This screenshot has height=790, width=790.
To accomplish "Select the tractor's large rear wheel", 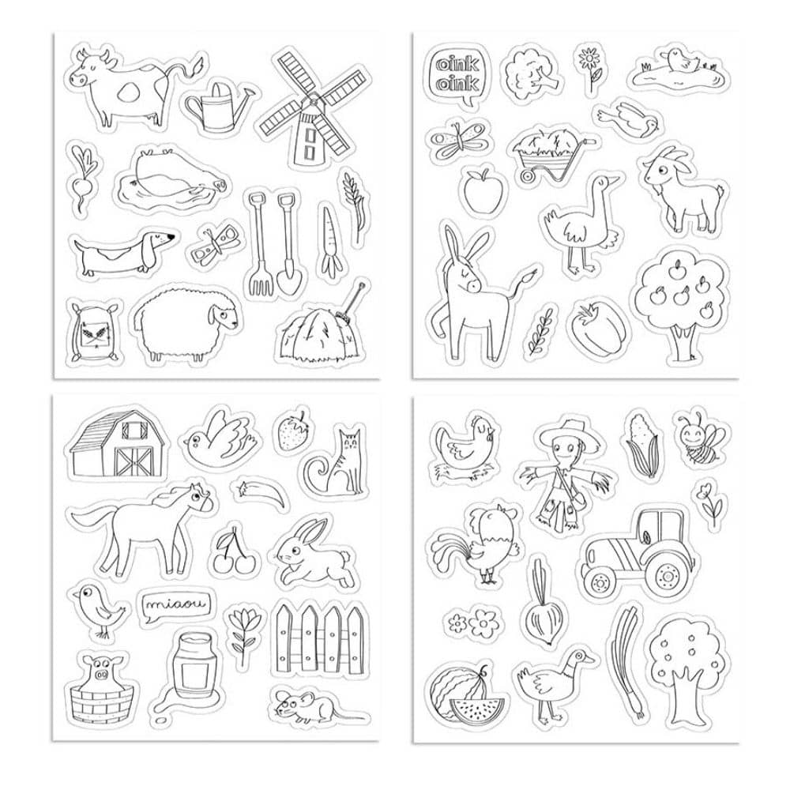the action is click(671, 574).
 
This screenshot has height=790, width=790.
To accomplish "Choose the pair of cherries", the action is click(232, 555).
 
